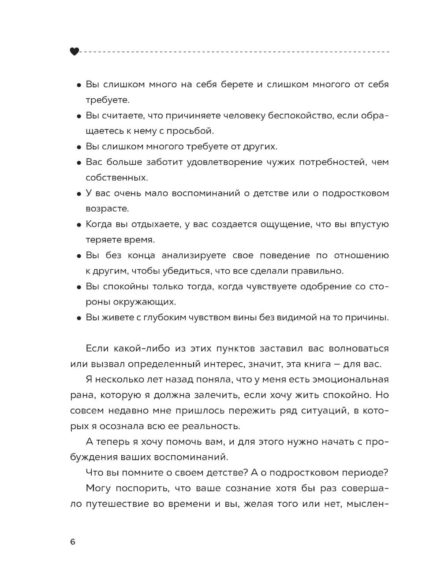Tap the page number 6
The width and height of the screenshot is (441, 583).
[73, 542]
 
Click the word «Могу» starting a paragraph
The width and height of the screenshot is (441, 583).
[98, 488]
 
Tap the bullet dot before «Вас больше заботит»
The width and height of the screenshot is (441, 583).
[78, 163]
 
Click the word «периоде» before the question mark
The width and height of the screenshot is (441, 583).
[364, 473]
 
